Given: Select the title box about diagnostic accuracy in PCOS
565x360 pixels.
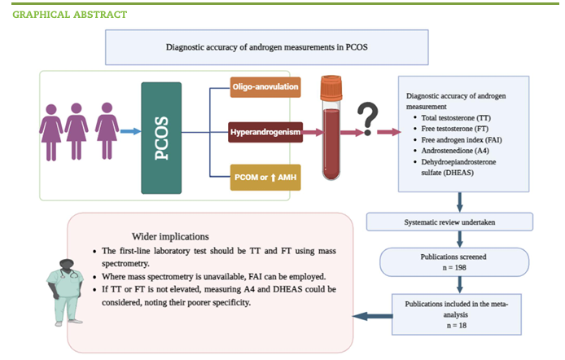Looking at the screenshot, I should pyautogui.click(x=267, y=47).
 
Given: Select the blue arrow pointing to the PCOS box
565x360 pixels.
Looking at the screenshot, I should pyautogui.click(x=129, y=130).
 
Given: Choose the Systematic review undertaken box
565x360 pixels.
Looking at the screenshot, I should pyautogui.click(x=449, y=222).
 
